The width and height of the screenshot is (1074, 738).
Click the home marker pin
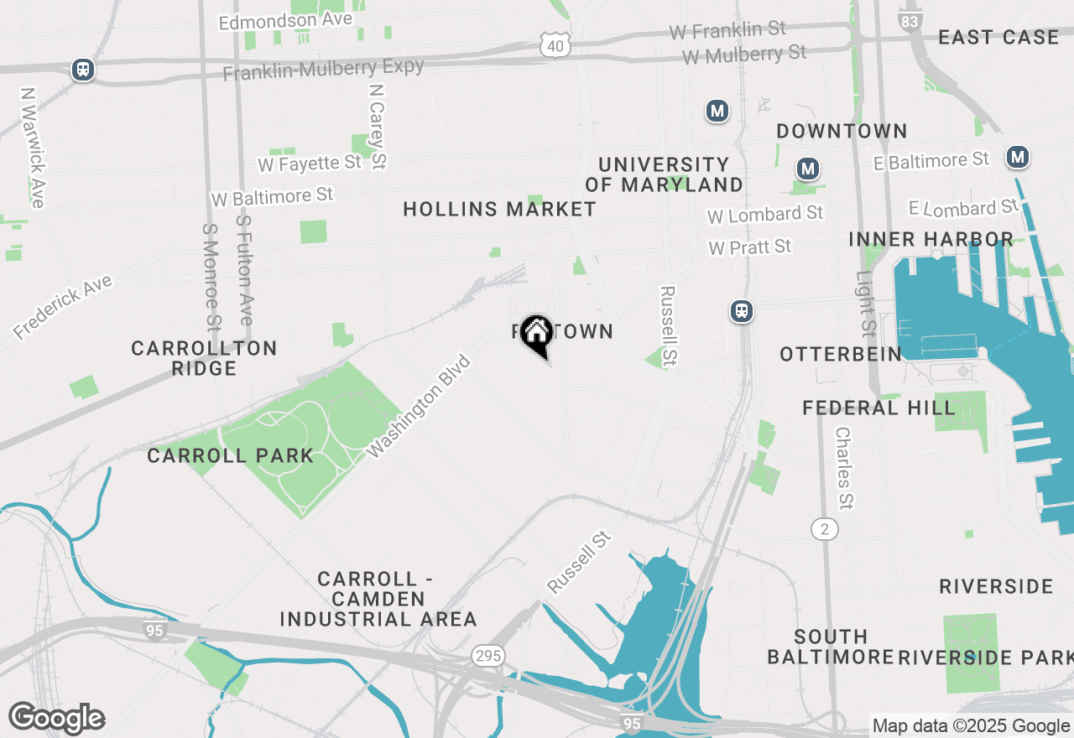coord(536,334)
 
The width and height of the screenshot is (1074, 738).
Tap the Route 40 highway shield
coord(555,46)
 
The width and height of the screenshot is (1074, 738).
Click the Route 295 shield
coord(488,655)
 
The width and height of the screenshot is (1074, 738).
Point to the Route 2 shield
coord(825,528)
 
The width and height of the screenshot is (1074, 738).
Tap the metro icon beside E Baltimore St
coord(1018,157)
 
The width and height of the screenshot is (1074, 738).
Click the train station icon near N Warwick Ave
coord(82,70)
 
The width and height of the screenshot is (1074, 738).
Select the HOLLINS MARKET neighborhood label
coord(499,209)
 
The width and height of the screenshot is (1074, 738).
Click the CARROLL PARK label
coord(230,455)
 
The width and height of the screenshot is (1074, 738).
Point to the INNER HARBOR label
coord(931,239)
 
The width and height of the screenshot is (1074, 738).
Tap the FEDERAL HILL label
coord(878,408)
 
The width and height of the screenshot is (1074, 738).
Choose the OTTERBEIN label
coord(841,354)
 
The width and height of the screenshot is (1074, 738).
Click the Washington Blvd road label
coord(420,407)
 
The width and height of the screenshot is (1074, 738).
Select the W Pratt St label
coord(750,247)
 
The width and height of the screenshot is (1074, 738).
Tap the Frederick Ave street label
coord(63,308)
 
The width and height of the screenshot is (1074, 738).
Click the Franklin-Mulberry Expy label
coord(323,69)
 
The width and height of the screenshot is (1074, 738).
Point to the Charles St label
coord(844,468)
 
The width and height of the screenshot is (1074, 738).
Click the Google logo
coord(56,718)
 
